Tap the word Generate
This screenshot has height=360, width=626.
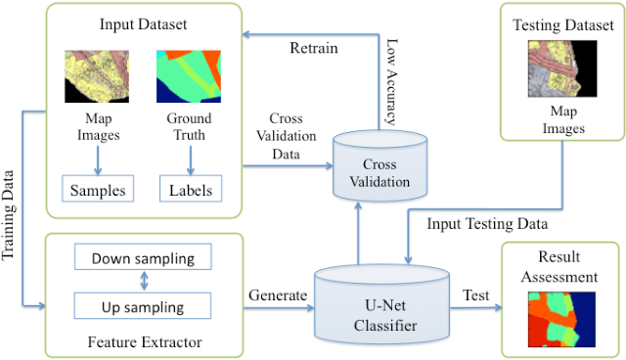click(x=279, y=293)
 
